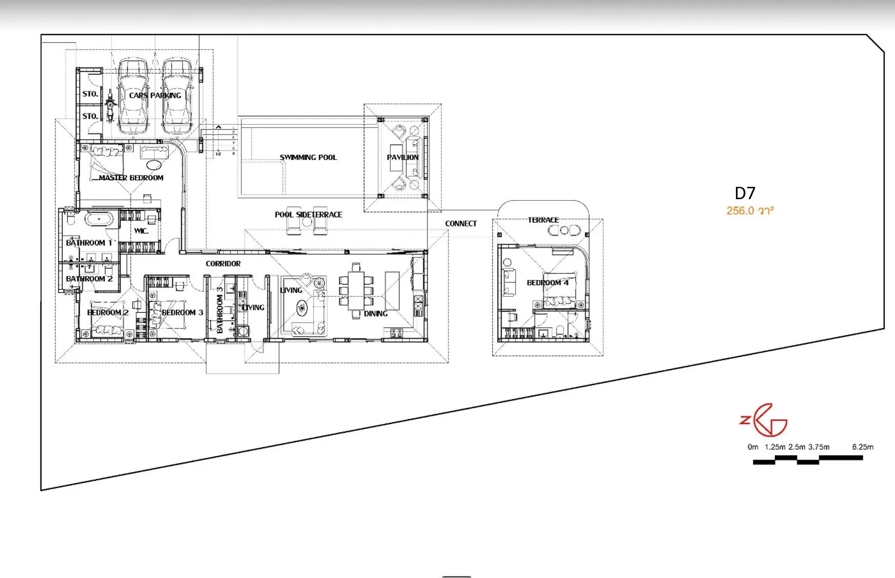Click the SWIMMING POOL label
tap(308, 158)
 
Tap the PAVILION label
tap(402, 158)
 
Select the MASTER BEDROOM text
tap(131, 178)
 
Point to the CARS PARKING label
tap(155, 95)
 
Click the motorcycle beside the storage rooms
tap(110, 106)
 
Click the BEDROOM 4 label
tap(548, 283)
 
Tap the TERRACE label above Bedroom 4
tap(543, 220)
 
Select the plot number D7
tap(745, 194)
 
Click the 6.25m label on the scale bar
tap(863, 447)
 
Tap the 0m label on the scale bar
tap(753, 447)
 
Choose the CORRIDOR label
tap(223, 264)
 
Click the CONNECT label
tap(461, 224)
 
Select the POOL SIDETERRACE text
tap(308, 215)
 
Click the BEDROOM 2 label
tap(108, 313)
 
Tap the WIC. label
tap(141, 231)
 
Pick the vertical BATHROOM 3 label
tap(220, 310)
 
